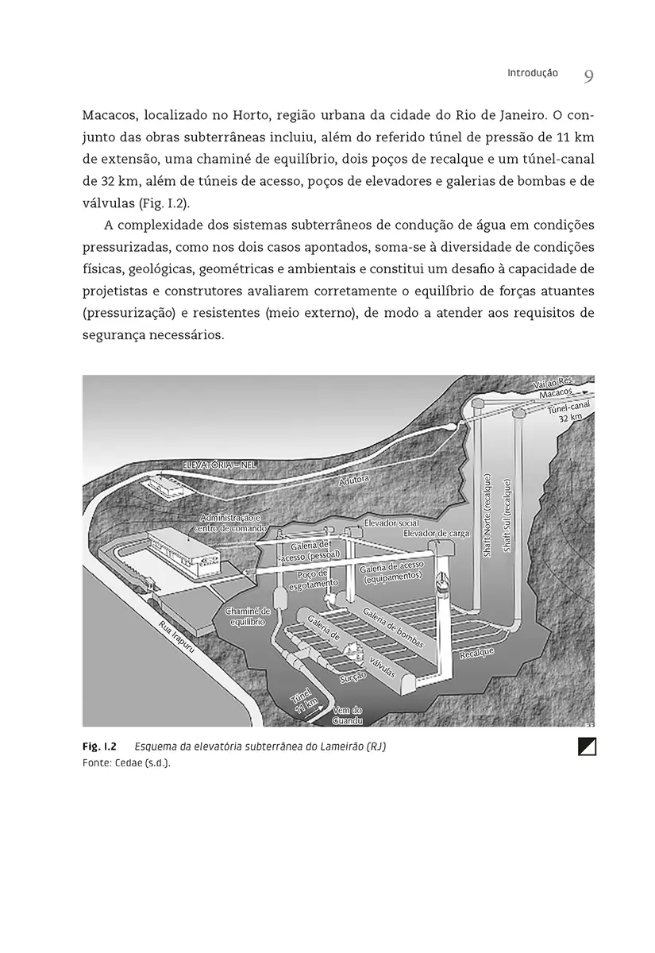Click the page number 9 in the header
pos(588,76)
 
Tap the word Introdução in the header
pos(533,73)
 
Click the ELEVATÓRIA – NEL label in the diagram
pos(219,464)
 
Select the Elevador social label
pos(391,524)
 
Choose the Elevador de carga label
pos(437,533)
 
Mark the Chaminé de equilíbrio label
pos(248,616)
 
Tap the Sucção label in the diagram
pos(353,677)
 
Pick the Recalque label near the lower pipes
pos(476,653)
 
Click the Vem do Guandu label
pos(347,715)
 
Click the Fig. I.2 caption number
pos(99,748)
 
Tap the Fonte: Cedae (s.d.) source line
pos(126,762)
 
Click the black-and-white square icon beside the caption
pos(588,747)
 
